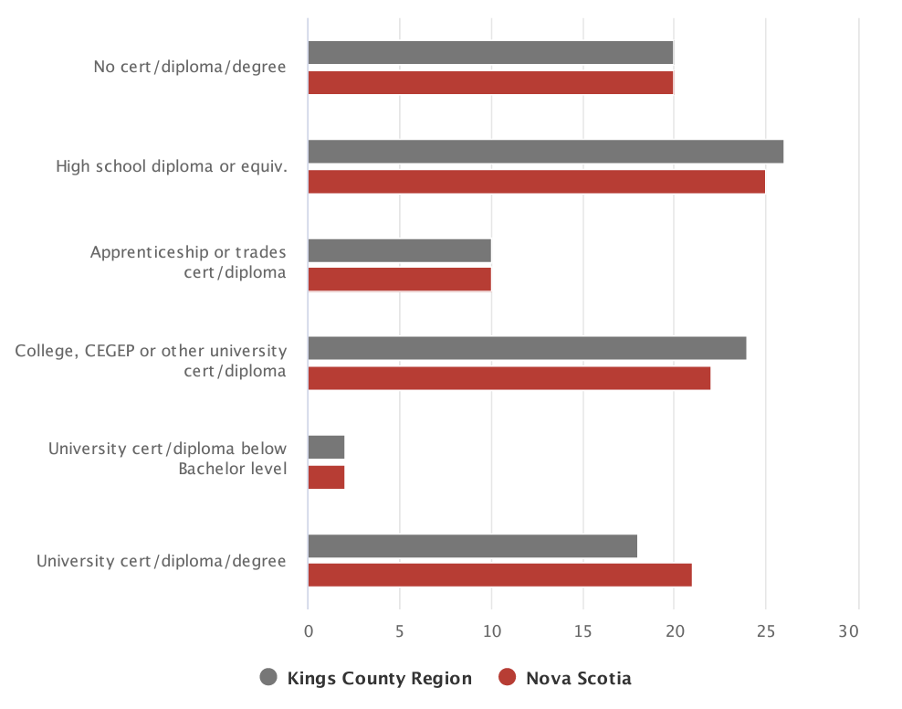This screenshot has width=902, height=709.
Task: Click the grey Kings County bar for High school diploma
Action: point(545,152)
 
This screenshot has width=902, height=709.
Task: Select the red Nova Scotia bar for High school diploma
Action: point(536,181)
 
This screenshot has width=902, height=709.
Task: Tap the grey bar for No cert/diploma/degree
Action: point(490,53)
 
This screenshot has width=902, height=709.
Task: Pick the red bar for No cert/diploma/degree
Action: point(490,82)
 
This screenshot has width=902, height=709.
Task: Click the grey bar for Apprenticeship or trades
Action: point(399,250)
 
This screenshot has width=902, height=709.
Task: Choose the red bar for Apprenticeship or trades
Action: point(399,280)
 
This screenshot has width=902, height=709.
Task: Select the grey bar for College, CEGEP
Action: point(527,348)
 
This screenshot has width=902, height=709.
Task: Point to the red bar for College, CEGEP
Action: point(509,378)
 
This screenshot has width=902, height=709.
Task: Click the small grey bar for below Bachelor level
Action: point(326,447)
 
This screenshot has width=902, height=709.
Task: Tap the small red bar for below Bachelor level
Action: point(326,477)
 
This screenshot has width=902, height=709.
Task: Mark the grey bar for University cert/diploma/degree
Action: point(472,545)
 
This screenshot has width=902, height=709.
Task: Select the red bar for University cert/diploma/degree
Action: point(499,575)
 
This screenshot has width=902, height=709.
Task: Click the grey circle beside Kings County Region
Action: point(268,677)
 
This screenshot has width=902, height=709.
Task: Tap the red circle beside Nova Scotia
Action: point(508,677)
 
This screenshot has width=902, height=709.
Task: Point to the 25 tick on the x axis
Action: point(765,631)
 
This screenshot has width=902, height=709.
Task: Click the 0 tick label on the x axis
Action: point(309,631)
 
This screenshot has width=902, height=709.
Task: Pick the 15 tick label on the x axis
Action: point(582,631)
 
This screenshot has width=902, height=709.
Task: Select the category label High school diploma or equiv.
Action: point(172,166)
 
